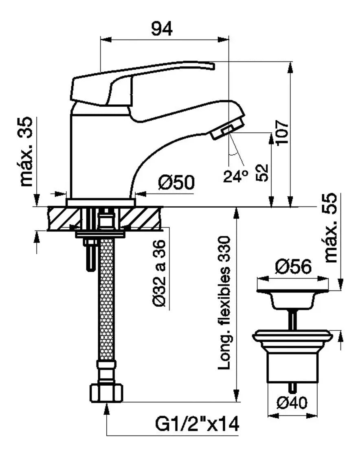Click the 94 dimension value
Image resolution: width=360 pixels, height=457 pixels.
[162, 29]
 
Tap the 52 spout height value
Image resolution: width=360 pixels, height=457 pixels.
[263, 172]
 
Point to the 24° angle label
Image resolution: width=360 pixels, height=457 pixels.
[236, 176]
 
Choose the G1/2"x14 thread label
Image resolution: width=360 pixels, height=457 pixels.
[197, 425]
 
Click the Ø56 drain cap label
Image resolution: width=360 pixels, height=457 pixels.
[293, 267]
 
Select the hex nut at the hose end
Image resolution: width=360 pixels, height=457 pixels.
[106, 393]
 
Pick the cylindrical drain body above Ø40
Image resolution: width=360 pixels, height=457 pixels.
[292, 367]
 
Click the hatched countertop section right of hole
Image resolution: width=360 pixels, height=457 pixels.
[143, 218]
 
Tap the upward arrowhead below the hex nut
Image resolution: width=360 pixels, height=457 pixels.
[107, 408]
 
